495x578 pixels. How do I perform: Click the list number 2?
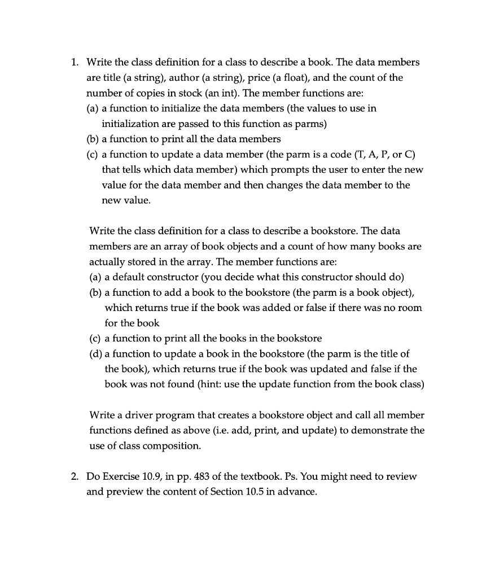point(74,476)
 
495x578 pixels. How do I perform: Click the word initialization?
point(129,123)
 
